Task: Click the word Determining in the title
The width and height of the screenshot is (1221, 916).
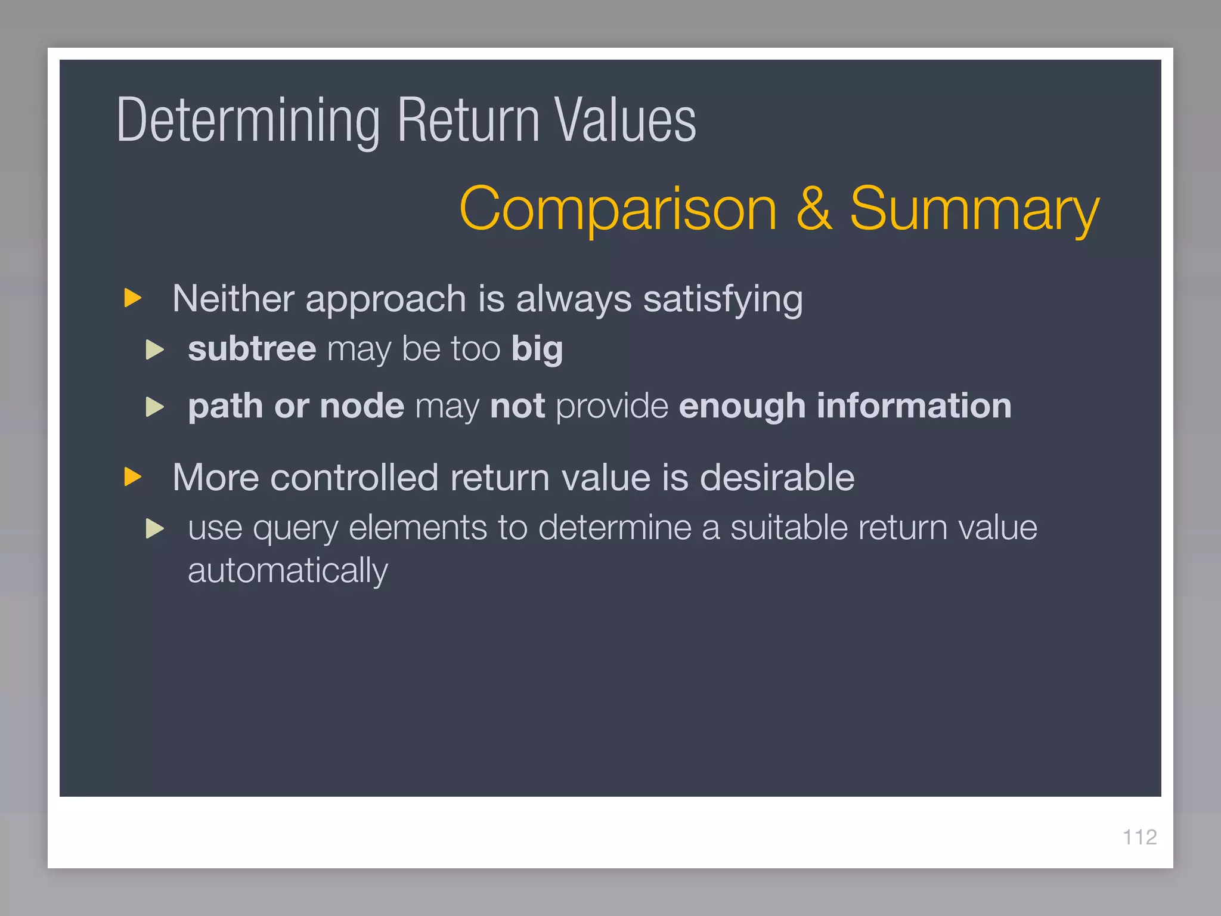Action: pyautogui.click(x=247, y=121)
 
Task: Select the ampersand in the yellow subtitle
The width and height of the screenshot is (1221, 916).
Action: pyautogui.click(x=814, y=209)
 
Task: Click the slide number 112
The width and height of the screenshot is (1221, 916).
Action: pyautogui.click(x=1139, y=837)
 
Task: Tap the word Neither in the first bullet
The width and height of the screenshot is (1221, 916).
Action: pyautogui.click(x=233, y=298)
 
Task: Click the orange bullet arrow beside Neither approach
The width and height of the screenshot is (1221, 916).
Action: pyautogui.click(x=132, y=298)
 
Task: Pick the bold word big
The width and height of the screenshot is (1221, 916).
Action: pyautogui.click(x=537, y=349)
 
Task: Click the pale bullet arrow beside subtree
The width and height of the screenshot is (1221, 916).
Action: pyautogui.click(x=154, y=349)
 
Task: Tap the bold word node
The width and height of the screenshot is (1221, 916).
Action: pyautogui.click(x=362, y=406)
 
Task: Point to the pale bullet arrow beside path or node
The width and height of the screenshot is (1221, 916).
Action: pyautogui.click(x=154, y=407)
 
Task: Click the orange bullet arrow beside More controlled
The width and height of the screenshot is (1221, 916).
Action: pyautogui.click(x=132, y=476)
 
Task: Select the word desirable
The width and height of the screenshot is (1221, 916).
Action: pyautogui.click(x=777, y=478)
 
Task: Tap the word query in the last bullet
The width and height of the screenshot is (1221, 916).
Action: pyautogui.click(x=295, y=529)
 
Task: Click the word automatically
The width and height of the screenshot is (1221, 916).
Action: pyautogui.click(x=287, y=571)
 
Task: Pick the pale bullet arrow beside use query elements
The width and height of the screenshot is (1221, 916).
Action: pyautogui.click(x=154, y=528)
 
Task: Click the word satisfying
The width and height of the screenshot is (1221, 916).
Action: pyautogui.click(x=723, y=299)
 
